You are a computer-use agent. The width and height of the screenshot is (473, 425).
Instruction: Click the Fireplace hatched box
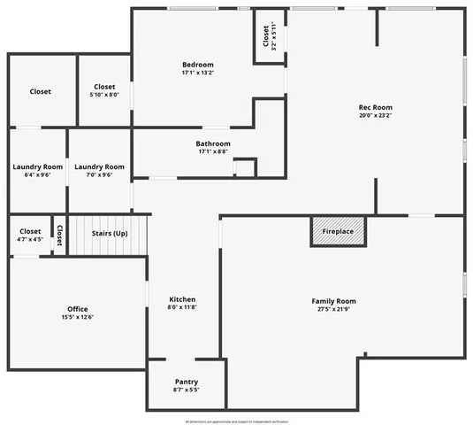338,232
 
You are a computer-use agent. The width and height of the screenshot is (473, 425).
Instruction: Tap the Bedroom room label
198,65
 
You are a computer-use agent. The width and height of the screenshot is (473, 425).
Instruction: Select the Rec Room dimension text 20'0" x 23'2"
375,115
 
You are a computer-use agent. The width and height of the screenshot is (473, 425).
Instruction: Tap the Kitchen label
182,299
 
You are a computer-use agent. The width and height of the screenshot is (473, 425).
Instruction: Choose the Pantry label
186,382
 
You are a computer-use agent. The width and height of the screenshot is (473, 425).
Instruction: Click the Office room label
78,309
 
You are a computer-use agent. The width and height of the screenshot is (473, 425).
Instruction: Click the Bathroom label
213,143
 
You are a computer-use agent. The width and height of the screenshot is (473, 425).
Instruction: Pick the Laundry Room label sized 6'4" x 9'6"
38,166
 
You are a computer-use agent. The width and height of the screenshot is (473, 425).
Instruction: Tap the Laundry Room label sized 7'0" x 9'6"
99,166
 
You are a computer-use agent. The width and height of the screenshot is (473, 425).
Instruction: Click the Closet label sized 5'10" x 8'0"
104,87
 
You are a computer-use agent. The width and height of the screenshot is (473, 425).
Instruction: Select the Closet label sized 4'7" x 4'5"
30,231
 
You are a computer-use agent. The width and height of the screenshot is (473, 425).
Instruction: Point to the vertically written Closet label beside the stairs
59,235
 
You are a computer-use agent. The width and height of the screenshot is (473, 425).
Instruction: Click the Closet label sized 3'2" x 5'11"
266,36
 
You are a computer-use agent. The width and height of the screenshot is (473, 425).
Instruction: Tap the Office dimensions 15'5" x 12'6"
78,317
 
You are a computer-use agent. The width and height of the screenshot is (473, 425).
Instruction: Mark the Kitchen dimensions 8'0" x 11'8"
182,307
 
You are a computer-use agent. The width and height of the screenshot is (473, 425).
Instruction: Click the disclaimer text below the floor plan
236,421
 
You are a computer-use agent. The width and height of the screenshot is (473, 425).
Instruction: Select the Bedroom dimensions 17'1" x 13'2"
198,73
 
